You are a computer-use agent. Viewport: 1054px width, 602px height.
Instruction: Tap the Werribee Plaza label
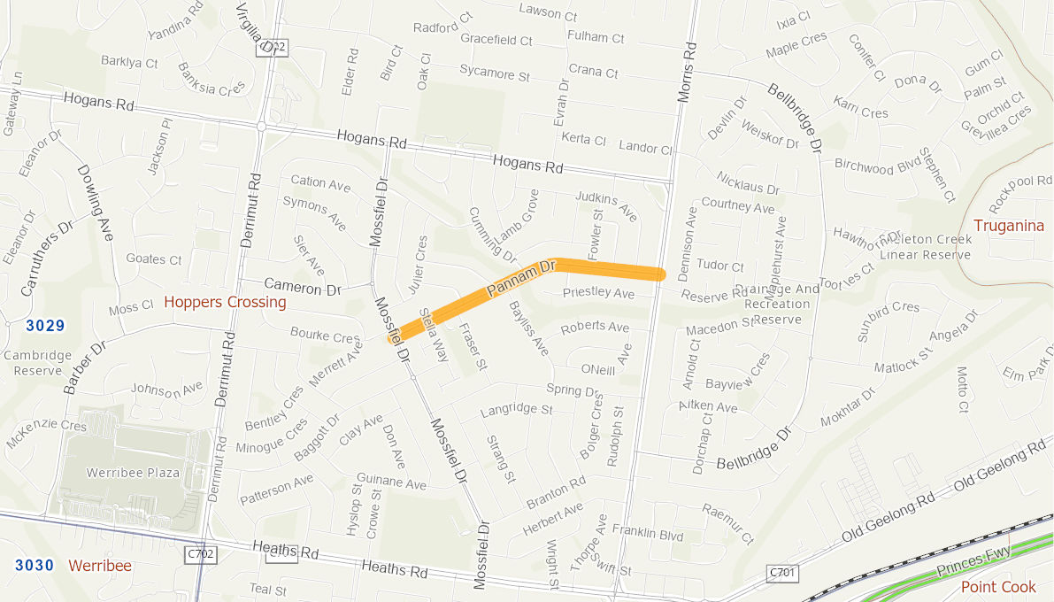[x=133, y=473]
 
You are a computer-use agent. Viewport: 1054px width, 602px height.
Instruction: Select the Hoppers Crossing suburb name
[x=225, y=303]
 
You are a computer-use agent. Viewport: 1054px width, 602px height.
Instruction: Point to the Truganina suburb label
[x=1008, y=226]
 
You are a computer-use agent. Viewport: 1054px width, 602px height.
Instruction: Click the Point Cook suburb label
[x=998, y=587]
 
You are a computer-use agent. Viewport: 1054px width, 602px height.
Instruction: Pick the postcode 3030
[x=34, y=565]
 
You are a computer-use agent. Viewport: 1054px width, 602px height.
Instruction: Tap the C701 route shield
[x=783, y=573]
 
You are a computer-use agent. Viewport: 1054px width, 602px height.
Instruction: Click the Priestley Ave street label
[x=598, y=293]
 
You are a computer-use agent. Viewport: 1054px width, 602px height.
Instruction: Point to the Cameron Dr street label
[x=303, y=287]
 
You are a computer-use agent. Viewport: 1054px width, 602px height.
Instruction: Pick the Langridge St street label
[x=516, y=410]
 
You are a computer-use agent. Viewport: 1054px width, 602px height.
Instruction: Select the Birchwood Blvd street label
[x=877, y=166]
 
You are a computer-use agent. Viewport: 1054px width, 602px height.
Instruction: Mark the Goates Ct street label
[x=154, y=259]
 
